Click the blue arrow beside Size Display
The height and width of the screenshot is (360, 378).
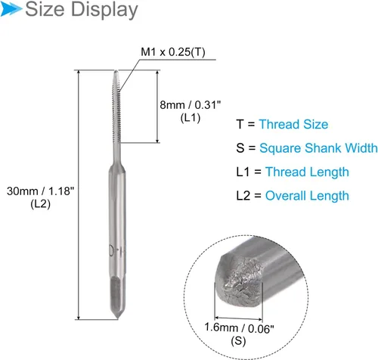pyautogui.click(x=11, y=10)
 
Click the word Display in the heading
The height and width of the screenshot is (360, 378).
pyautogui.click(x=104, y=11)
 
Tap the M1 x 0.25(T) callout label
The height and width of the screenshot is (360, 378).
pyautogui.click(x=173, y=52)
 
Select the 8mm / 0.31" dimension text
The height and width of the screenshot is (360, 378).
pyautogui.click(x=191, y=105)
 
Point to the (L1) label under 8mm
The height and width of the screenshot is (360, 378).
pyautogui.click(x=191, y=118)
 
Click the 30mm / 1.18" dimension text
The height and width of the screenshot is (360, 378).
pyautogui.click(x=41, y=191)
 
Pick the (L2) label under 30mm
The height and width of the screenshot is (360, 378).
pyautogui.click(x=40, y=204)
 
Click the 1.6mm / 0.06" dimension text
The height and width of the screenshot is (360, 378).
pyautogui.click(x=239, y=328)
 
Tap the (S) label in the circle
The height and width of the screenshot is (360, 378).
pyautogui.click(x=238, y=341)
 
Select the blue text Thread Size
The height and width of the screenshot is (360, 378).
pyautogui.click(x=293, y=124)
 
